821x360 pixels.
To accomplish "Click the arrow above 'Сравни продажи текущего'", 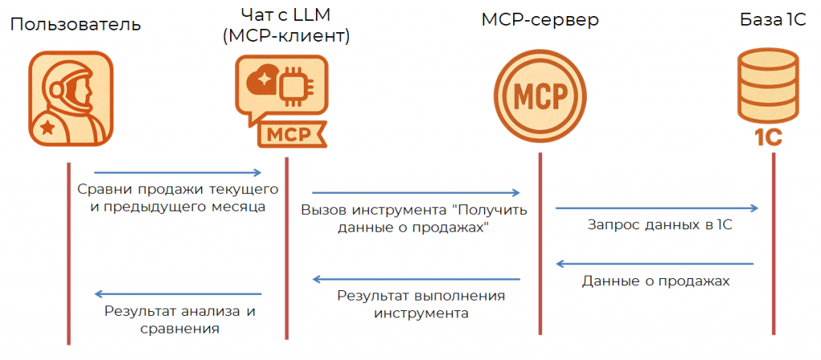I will (x=178, y=172).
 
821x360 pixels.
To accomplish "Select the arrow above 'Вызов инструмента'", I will (x=416, y=192).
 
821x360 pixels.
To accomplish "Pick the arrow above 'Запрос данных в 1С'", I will (x=657, y=208).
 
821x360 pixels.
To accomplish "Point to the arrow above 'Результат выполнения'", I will (x=416, y=280).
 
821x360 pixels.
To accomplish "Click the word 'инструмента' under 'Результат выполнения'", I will (x=420, y=313).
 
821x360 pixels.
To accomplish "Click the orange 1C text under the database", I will (x=767, y=137).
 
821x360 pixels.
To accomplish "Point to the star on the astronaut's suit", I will (x=47, y=126).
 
